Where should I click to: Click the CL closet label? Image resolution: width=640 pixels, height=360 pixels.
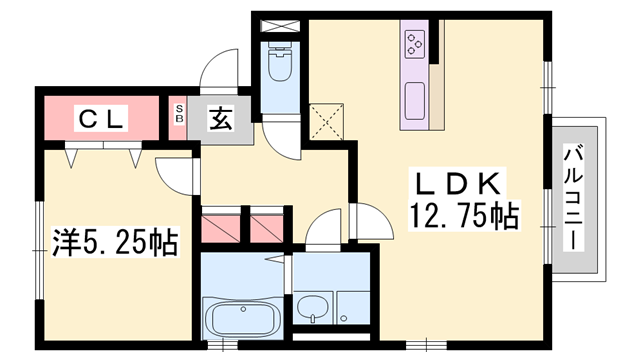tap(101, 119)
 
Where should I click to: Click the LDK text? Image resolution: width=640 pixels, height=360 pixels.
tap(463, 185)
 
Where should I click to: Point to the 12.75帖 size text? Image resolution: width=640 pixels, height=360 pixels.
tap(462, 216)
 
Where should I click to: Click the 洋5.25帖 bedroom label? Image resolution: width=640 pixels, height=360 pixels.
tap(115, 242)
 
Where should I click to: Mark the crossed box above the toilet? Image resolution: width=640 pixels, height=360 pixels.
tap(279, 24)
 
